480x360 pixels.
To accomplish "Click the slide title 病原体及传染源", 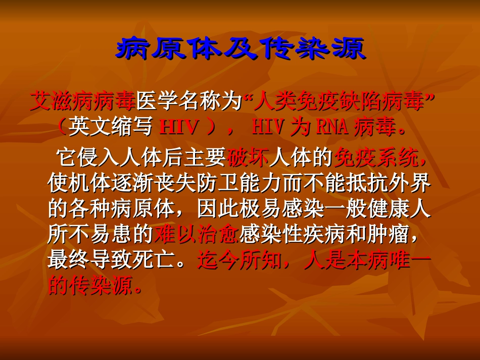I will (240, 49).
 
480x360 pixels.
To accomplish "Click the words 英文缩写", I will (111, 127).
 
